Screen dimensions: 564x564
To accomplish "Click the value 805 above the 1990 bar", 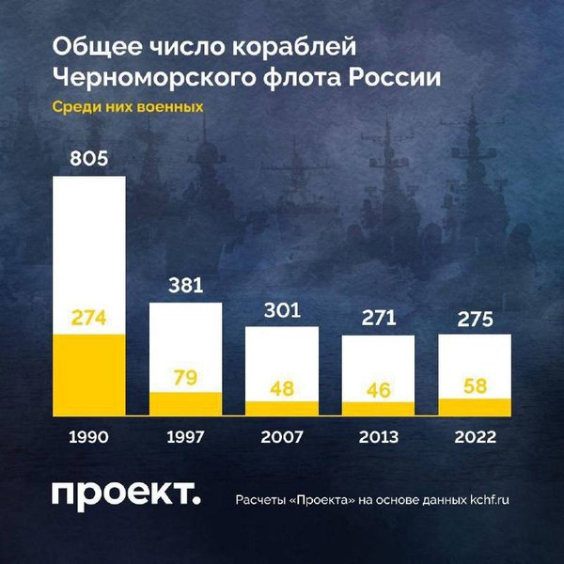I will coord(88,159).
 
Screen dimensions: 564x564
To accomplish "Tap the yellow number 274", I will coord(88,318).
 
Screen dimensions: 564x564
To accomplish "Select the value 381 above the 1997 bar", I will coord(185,286).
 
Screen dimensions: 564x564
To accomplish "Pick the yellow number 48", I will coord(282,386).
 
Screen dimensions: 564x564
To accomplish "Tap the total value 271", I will coord(378,317).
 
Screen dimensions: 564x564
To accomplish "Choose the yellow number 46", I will coord(378,387).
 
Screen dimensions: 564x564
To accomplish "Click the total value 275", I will coord(475,320).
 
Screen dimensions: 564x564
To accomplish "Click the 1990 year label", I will coord(88,437).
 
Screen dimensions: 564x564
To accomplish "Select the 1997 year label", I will coord(185,437).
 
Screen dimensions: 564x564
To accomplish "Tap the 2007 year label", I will coord(282,437).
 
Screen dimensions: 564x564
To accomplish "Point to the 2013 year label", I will coord(378,437).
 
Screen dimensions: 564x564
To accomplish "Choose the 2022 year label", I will coord(475,437).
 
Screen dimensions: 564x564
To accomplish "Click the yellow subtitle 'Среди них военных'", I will coord(127,107).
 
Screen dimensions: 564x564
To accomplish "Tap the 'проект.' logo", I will coord(125,495).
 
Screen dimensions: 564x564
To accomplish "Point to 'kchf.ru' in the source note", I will coord(489,499).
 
